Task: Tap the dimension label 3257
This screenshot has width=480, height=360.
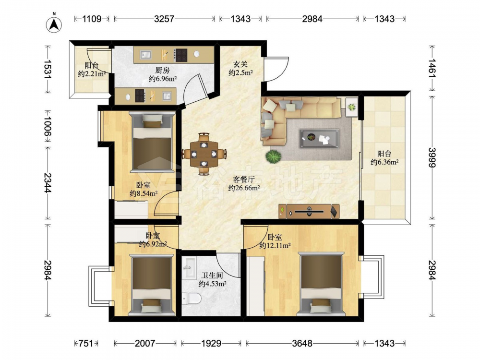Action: (164, 19)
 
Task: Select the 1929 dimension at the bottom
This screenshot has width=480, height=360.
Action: (211, 343)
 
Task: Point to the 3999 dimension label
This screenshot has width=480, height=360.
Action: (432, 157)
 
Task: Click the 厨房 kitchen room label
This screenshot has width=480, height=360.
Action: (162, 71)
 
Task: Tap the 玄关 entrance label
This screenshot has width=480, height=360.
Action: (240, 64)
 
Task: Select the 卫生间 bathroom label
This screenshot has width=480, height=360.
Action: (212, 276)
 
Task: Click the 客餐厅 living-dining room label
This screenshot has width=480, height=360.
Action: (244, 180)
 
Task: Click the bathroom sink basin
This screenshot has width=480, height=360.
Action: (189, 268)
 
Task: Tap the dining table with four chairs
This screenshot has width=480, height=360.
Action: (204, 154)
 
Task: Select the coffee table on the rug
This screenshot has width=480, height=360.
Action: (320, 139)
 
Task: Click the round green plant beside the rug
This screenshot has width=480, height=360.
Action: (273, 157)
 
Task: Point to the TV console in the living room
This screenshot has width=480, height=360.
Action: (309, 211)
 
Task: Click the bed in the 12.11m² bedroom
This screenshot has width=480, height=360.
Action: (321, 284)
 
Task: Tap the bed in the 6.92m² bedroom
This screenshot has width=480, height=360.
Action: (151, 285)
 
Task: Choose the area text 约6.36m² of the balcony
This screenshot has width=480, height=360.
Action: (384, 162)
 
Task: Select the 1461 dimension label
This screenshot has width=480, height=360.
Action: (432, 68)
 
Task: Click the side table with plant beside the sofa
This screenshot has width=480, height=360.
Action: (352, 107)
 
